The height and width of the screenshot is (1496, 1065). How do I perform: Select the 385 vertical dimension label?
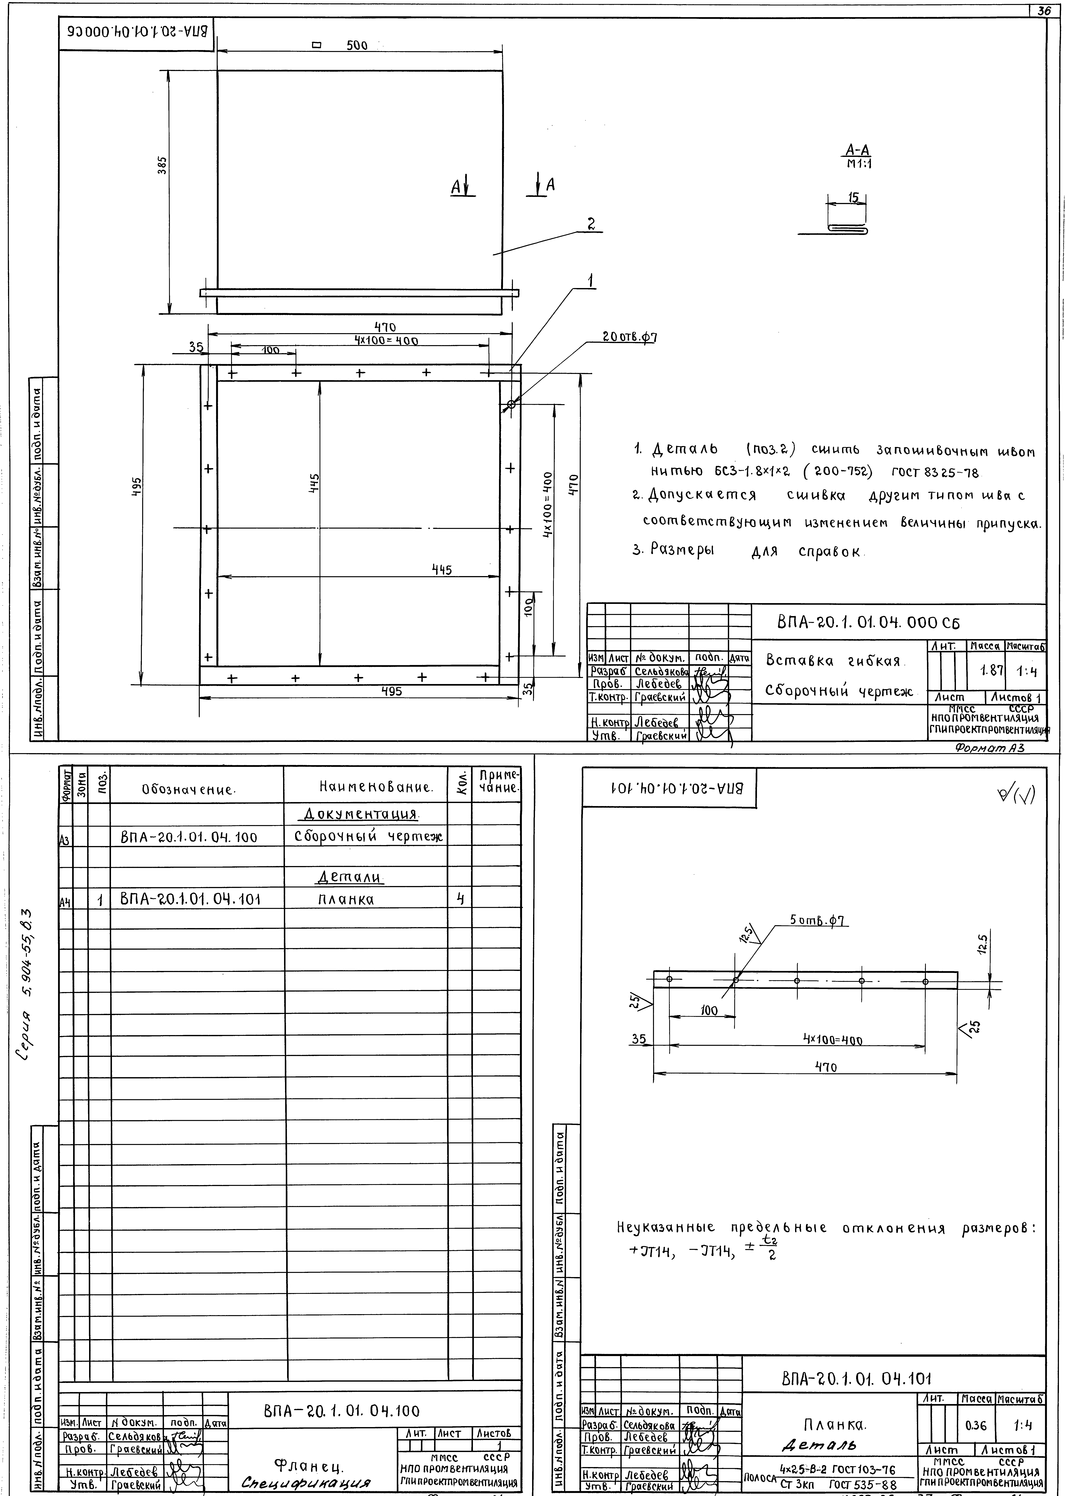coord(162,165)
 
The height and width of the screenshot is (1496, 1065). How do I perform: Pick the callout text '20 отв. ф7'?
coord(629,338)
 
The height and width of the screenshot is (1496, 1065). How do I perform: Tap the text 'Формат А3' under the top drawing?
coord(989,748)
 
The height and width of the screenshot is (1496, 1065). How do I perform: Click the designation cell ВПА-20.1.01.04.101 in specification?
coord(190,899)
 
